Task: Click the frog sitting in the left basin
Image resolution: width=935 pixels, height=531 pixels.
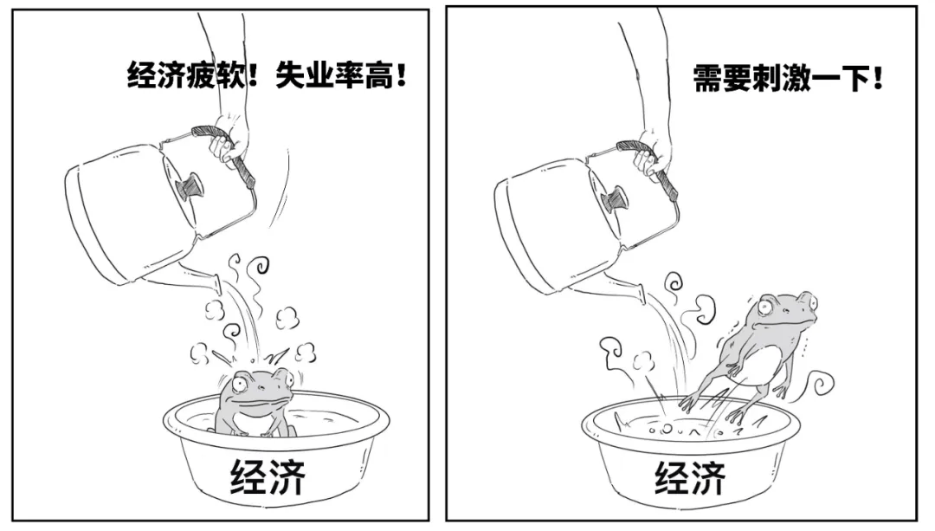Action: (254, 403)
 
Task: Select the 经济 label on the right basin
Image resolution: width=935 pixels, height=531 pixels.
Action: (691, 477)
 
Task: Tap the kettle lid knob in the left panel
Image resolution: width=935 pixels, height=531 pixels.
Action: (190, 187)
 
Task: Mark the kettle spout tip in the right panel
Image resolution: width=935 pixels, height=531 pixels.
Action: (642, 295)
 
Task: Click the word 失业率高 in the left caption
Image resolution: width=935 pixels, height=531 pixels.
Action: (334, 75)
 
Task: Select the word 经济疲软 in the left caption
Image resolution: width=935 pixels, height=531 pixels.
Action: (185, 75)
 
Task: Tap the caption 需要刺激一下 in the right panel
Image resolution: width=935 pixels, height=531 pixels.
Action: (781, 78)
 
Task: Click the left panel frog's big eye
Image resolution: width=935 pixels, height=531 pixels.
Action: (241, 385)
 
